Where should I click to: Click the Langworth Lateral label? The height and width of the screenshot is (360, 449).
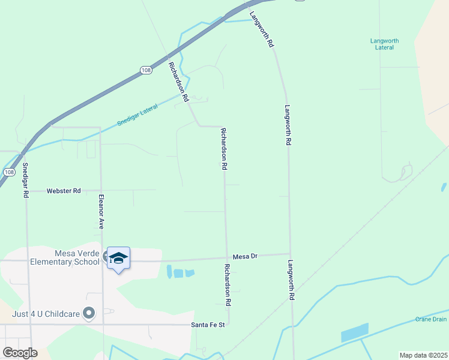[384, 44]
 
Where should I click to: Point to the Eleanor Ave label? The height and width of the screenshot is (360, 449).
[101, 212]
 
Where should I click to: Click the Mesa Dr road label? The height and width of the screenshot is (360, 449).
[245, 256]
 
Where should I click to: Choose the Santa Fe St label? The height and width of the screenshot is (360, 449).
[207, 325]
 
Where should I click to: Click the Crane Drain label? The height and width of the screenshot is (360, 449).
[431, 319]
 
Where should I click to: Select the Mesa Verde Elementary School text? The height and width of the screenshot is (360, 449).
[51, 257]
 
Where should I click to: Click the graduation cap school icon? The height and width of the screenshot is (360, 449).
[118, 258]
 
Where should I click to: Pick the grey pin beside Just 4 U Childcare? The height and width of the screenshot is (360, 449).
[89, 313]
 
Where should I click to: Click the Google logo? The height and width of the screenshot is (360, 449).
[20, 353]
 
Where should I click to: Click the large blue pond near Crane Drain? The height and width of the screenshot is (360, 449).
[354, 332]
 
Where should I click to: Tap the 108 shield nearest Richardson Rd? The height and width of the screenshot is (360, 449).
[146, 70]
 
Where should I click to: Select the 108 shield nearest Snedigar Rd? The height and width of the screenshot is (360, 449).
[8, 172]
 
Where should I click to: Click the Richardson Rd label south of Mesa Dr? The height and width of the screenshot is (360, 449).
[228, 285]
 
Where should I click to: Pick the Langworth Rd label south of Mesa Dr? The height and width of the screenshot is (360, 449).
[291, 280]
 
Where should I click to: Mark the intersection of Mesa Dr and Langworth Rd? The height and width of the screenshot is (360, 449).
[290, 253]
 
